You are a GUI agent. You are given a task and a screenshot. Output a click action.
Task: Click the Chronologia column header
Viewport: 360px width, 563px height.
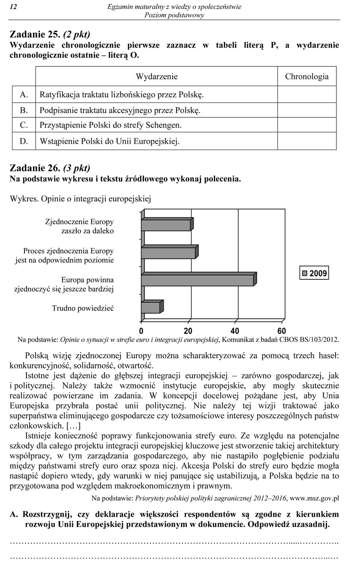pyautogui.click(x=307, y=77)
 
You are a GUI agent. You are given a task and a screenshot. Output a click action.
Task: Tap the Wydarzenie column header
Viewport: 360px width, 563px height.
pyautogui.click(x=156, y=77)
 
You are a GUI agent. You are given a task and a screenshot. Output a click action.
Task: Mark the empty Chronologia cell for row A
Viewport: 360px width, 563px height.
pyautogui.click(x=307, y=94)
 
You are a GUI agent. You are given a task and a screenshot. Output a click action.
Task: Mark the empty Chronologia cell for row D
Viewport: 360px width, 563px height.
pyautogui.click(x=307, y=141)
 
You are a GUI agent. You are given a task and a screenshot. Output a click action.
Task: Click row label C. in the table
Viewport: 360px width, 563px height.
pyautogui.click(x=24, y=125)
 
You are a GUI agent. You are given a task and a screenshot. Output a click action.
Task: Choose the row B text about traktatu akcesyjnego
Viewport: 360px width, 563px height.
pyautogui.click(x=120, y=110)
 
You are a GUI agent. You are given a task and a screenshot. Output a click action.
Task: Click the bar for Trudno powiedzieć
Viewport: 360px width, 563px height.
pyautogui.click(x=151, y=307)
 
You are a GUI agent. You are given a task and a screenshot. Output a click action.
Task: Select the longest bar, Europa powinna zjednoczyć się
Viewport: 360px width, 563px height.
pyautogui.click(x=198, y=280)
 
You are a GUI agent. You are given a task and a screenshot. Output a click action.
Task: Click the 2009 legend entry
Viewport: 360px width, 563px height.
pyautogui.click(x=314, y=273)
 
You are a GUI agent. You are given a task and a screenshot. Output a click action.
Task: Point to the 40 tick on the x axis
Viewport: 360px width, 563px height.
pyautogui.click(x=234, y=331)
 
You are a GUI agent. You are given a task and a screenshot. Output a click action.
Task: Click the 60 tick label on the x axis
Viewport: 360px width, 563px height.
pyautogui.click(x=282, y=331)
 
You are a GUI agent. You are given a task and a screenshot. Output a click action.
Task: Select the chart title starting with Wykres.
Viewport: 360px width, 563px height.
pyautogui.click(x=81, y=199)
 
